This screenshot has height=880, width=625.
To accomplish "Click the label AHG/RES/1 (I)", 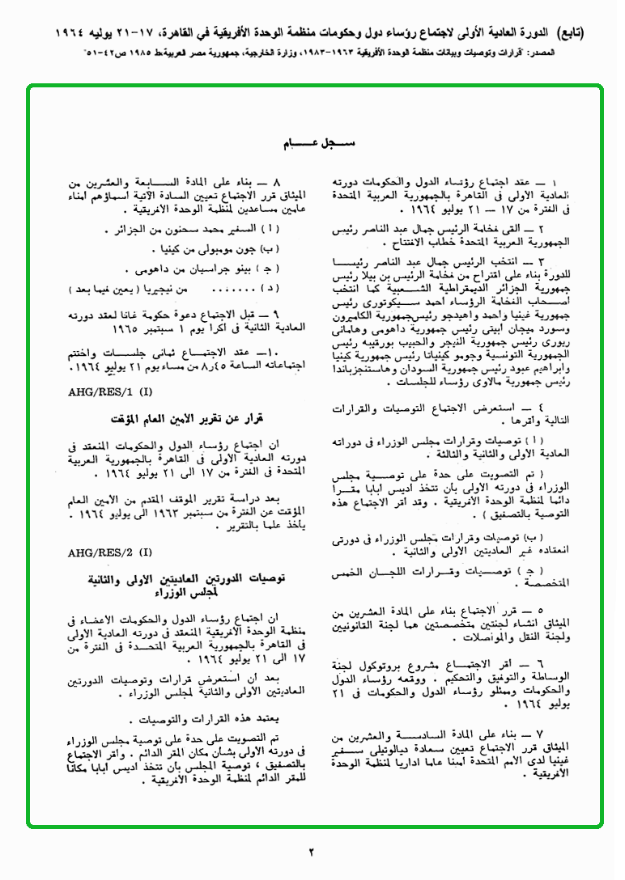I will tap(109, 391).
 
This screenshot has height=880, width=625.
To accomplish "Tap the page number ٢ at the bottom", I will tap(312, 851).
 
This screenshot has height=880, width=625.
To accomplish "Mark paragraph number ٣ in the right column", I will tap(565, 263).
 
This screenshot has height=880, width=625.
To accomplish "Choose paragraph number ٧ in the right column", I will tap(564, 737).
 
